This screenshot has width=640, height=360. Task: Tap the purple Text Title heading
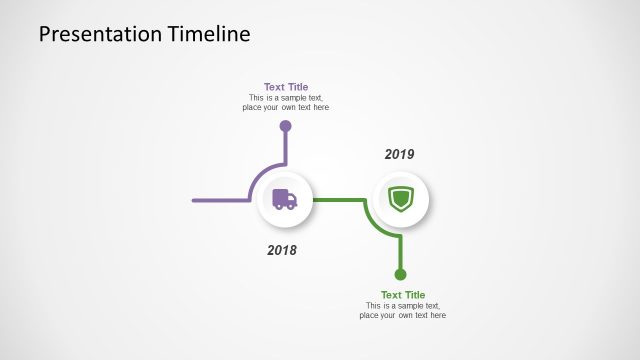pos(286,87)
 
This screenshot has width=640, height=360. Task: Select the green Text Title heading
pos(402,295)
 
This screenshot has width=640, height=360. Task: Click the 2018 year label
pos(282,250)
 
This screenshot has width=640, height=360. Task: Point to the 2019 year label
pos(399,154)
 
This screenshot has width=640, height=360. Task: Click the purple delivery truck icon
pos(285,199)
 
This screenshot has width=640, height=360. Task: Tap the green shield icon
pos(400,199)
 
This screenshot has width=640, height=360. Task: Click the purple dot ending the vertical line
pos(285,127)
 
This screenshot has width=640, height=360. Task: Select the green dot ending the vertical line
pos(400,274)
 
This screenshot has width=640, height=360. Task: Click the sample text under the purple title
pos(286,103)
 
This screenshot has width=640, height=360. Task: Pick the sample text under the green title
pos(402,311)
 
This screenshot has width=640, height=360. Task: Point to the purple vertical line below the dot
pos(285,148)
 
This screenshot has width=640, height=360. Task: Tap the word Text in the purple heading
pos(274,87)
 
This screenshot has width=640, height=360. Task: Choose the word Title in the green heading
pos(414,295)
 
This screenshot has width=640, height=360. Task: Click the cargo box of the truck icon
pos(280,196)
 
